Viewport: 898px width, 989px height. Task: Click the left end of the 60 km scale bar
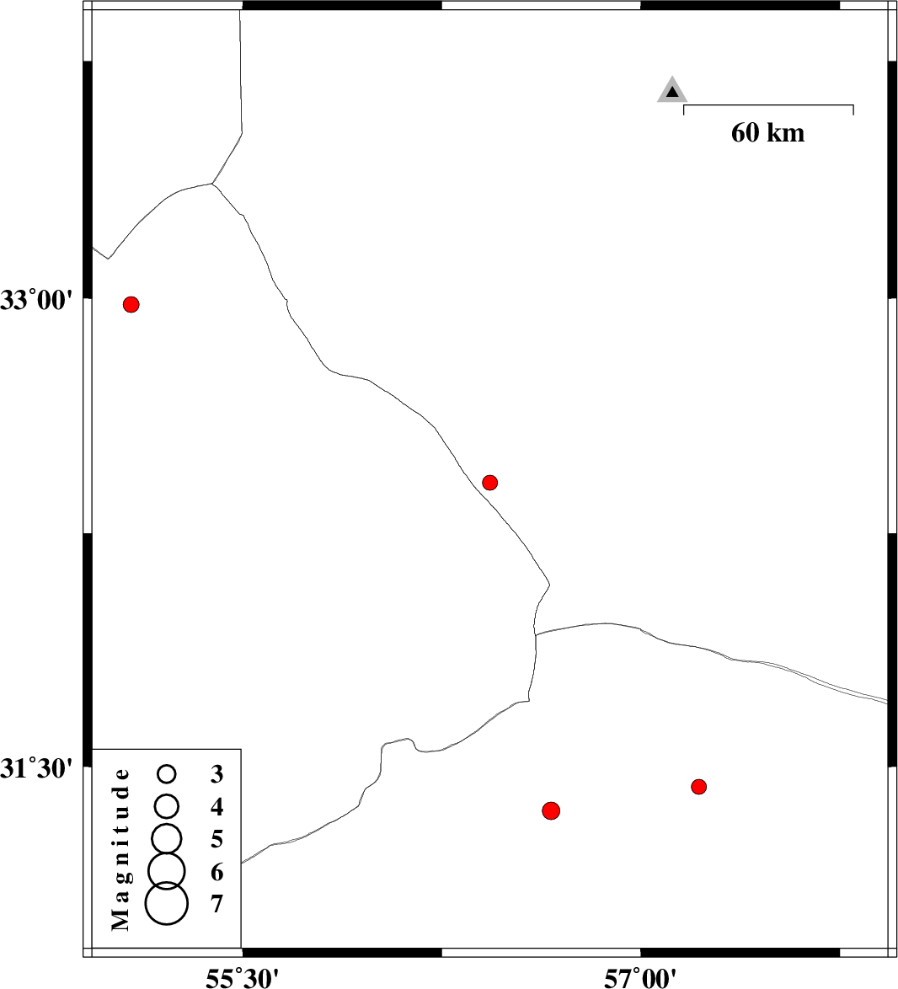[x=684, y=105]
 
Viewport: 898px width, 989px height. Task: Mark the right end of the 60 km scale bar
[x=853, y=105]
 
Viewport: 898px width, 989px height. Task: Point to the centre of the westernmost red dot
[x=131, y=305]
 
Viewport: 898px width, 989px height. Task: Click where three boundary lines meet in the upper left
[x=213, y=184]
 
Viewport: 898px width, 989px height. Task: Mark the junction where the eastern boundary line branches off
[x=536, y=633]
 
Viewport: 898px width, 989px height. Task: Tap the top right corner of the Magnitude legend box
[x=241, y=749]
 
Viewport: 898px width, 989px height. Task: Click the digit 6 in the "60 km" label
[x=739, y=133]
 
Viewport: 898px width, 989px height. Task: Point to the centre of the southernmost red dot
[x=551, y=810]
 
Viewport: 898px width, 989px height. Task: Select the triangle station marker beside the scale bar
[x=672, y=91]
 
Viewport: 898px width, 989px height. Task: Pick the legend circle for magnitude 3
[x=167, y=773]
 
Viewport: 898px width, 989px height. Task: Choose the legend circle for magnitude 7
[x=167, y=903]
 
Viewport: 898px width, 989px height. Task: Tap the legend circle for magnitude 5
[x=167, y=838]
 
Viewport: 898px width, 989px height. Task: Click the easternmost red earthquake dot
[x=698, y=787]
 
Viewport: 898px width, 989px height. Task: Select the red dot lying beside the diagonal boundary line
[x=490, y=483]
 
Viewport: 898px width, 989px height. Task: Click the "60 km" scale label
[x=768, y=133]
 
